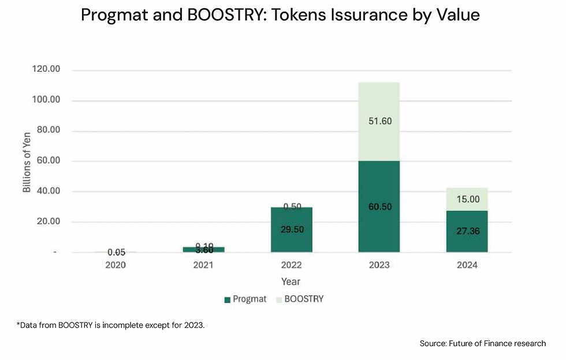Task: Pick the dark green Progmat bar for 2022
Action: pyautogui.click(x=291, y=240)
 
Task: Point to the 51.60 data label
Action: pyautogui.click(x=379, y=121)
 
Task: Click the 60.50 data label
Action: pyautogui.click(x=379, y=206)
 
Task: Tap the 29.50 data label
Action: pyautogui.click(x=291, y=229)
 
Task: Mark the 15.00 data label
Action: pyautogui.click(x=467, y=199)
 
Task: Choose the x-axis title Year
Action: pyautogui.click(x=291, y=281)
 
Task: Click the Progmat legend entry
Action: pyautogui.click(x=245, y=299)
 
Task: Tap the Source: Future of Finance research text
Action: pyautogui.click(x=482, y=343)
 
